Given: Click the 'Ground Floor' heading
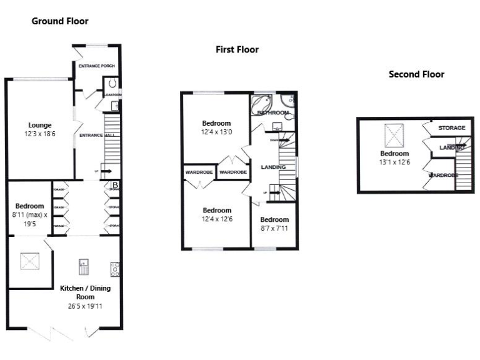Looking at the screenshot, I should (60, 21).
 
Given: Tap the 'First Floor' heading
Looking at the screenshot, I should (237, 49).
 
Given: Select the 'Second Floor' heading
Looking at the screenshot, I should (416, 74).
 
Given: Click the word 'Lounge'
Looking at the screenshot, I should (39, 124).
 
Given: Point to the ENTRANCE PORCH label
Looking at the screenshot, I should (96, 66).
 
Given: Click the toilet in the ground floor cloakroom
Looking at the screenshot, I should (113, 82).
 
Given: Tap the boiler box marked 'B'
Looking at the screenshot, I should (115, 185).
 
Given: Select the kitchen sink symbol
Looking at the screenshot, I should (83, 267).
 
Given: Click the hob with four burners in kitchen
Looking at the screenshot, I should (115, 269).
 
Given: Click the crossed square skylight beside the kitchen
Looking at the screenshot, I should (27, 259).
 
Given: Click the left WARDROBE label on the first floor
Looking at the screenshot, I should (199, 172).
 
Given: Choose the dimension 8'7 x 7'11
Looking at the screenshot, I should (274, 229).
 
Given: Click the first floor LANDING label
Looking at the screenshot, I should (273, 167).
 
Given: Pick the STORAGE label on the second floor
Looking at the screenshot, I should (451, 128).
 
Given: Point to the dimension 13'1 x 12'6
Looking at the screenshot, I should (395, 162).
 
